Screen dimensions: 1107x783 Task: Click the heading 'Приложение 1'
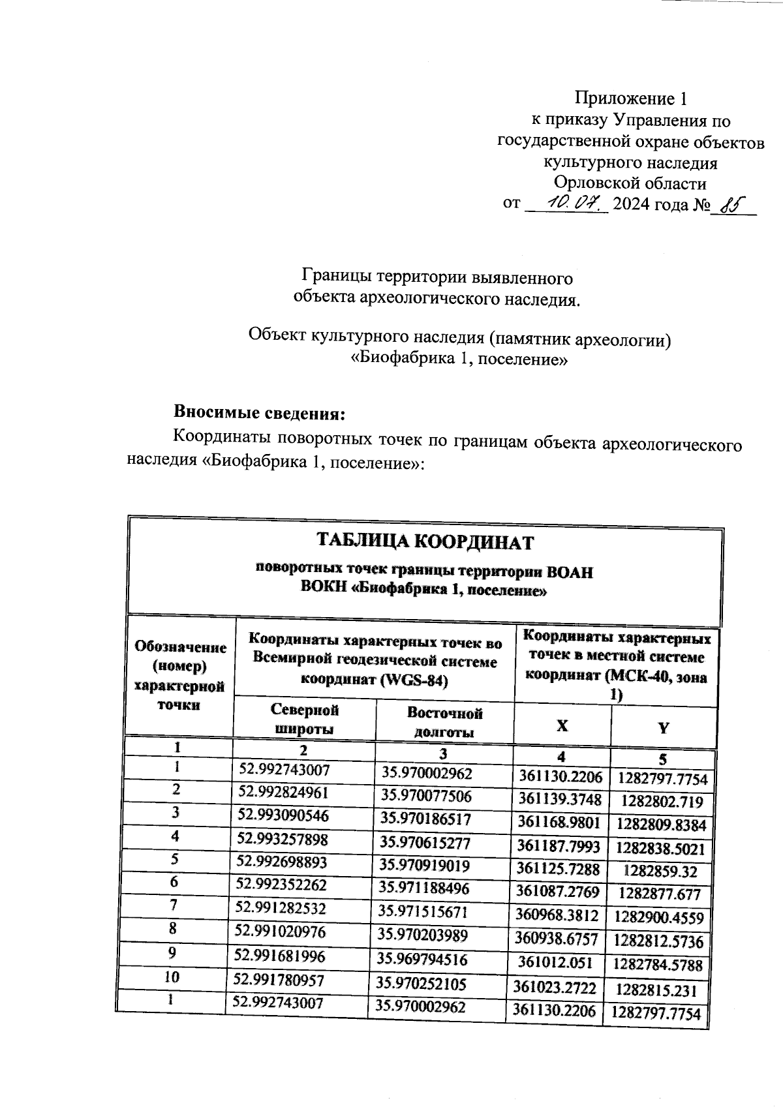click(630, 99)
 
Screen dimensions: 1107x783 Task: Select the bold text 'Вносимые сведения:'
click(258, 413)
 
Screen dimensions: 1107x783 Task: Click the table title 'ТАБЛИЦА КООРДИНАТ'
click(425, 542)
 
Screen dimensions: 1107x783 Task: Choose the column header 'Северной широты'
click(305, 719)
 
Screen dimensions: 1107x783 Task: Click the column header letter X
click(562, 726)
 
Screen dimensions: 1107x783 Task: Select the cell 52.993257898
click(283, 839)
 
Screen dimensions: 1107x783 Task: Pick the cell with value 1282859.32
click(660, 872)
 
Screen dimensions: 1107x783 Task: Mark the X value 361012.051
click(555, 962)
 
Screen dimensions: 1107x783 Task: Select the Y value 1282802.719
click(662, 801)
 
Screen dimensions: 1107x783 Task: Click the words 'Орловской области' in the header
click(630, 183)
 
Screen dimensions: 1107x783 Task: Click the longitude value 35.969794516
click(424, 960)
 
